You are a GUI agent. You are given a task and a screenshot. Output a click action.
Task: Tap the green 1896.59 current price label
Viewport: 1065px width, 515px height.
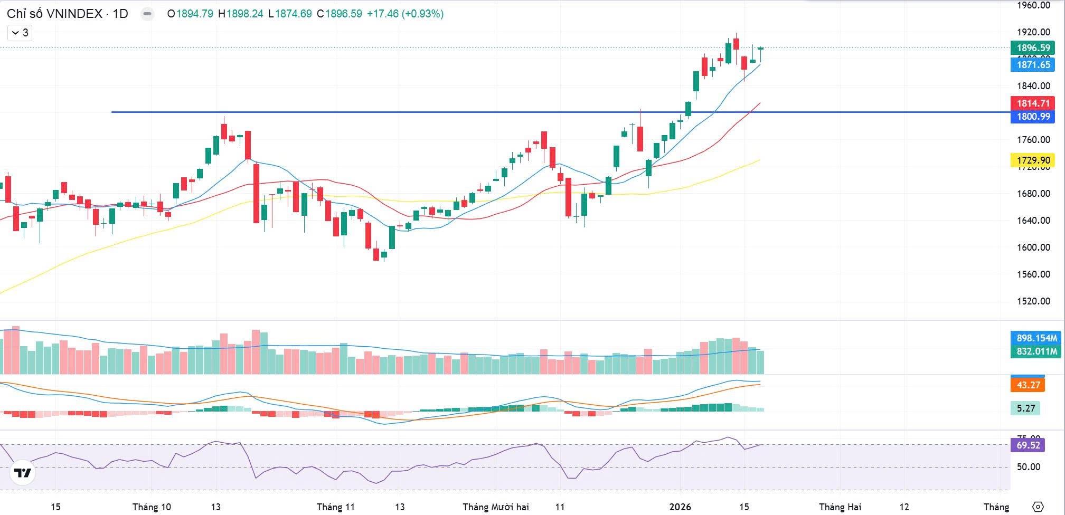tap(1033, 48)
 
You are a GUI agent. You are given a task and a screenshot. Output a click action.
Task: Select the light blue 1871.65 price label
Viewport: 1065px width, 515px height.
tap(1033, 65)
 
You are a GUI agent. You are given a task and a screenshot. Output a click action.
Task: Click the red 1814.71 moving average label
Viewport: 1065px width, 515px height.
tap(1033, 103)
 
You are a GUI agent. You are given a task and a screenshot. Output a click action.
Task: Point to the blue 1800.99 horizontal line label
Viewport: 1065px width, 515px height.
tap(1033, 117)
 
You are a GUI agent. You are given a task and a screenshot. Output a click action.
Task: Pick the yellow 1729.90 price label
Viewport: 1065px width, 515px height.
tap(1033, 160)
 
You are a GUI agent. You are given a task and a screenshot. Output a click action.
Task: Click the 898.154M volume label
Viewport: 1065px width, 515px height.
tap(1036, 338)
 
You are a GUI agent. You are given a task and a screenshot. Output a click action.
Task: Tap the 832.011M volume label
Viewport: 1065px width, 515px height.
tap(1036, 351)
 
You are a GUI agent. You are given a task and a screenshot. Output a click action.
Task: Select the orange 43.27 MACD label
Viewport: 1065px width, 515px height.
tap(1028, 385)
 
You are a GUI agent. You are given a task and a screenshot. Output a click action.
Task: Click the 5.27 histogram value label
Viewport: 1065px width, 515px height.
tap(1025, 408)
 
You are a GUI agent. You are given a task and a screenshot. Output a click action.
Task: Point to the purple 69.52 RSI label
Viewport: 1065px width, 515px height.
tap(1028, 445)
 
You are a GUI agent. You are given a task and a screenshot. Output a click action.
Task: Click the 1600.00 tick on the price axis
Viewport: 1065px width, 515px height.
tap(1033, 247)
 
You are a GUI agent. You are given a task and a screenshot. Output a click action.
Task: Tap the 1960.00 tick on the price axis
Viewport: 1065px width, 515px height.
tap(1033, 6)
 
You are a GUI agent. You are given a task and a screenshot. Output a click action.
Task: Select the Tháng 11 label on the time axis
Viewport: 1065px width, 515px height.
tap(335, 507)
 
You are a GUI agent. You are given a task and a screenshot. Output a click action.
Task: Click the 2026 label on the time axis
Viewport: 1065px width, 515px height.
tap(680, 507)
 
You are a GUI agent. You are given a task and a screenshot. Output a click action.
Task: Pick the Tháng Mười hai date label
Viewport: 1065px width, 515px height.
tap(495, 507)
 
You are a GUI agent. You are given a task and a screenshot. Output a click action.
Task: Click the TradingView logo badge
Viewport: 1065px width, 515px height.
tap(23, 473)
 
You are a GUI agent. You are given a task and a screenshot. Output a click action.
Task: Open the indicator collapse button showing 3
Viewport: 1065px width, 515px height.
tap(20, 33)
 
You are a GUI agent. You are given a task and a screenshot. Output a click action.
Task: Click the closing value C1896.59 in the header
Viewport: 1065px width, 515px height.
tap(340, 14)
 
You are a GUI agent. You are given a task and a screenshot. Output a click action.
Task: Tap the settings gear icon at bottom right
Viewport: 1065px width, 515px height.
tap(1038, 507)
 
